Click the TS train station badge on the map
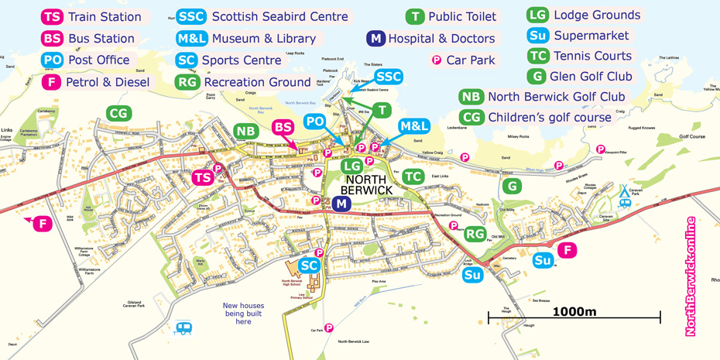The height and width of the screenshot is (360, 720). [203, 178]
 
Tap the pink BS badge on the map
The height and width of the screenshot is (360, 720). [283, 128]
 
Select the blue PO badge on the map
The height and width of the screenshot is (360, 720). [314, 122]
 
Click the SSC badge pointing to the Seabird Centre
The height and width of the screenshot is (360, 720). [389, 77]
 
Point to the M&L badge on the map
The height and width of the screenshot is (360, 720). [414, 126]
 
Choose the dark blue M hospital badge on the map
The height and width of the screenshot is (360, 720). [341, 204]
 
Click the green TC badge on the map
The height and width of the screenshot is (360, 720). [413, 177]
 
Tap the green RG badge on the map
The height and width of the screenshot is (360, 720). [475, 234]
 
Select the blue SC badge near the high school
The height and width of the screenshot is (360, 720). [310, 266]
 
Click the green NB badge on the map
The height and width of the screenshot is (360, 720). [245, 132]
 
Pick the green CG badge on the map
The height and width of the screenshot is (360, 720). [118, 114]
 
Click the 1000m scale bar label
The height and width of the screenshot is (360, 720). [574, 311]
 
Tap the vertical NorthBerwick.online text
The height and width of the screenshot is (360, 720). [691, 276]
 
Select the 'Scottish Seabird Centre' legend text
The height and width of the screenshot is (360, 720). [279, 16]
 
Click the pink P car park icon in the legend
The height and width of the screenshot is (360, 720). [437, 60]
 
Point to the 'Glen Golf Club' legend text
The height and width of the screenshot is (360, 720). [591, 76]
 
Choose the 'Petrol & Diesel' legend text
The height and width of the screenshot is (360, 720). [108, 82]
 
